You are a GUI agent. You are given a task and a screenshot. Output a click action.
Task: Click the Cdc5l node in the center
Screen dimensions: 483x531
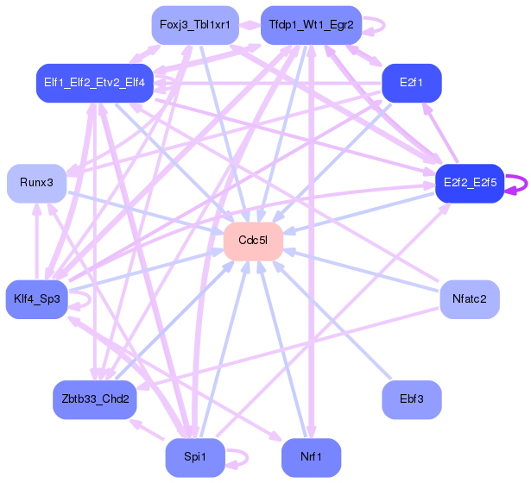253,241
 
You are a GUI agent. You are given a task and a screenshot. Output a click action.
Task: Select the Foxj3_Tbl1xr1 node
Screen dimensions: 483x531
194,25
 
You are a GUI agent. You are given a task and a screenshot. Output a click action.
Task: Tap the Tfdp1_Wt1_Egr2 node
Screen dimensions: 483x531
310,25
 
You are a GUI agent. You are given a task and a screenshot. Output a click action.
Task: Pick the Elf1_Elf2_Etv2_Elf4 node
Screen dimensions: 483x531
94,83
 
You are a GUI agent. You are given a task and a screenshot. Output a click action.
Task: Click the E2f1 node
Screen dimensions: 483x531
412,83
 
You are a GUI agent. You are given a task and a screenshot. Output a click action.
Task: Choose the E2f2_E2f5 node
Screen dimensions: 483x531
469,183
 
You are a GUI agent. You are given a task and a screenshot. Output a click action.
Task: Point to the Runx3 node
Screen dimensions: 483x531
37,183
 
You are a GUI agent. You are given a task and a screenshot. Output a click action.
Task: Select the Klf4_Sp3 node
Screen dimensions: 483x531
37,299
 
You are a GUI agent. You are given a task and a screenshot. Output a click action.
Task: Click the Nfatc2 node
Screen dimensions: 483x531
469,299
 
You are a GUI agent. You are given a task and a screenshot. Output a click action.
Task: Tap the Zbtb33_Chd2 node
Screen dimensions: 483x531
94,399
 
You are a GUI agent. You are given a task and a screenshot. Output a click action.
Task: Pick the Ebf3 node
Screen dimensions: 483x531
412,399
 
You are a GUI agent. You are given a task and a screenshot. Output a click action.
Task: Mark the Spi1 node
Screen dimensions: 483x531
194,457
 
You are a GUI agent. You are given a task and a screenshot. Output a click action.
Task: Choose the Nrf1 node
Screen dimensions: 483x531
310,457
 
